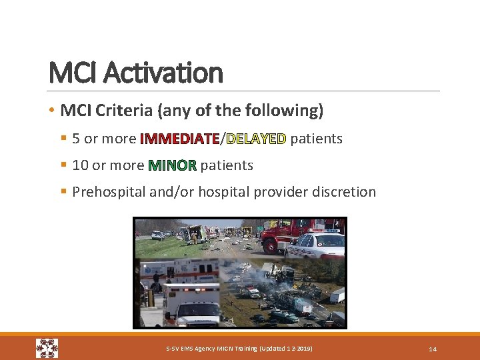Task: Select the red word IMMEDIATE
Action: tap(179, 139)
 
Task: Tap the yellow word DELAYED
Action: tap(256, 139)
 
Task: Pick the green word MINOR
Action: tap(173, 165)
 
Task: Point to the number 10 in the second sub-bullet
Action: tap(80, 165)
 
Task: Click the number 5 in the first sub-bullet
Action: tap(76, 139)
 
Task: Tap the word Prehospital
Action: tap(111, 192)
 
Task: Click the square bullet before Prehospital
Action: tap(63, 192)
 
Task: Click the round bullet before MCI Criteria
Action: tap(51, 111)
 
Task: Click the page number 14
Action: tap(432, 349)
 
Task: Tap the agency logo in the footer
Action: tap(47, 348)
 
